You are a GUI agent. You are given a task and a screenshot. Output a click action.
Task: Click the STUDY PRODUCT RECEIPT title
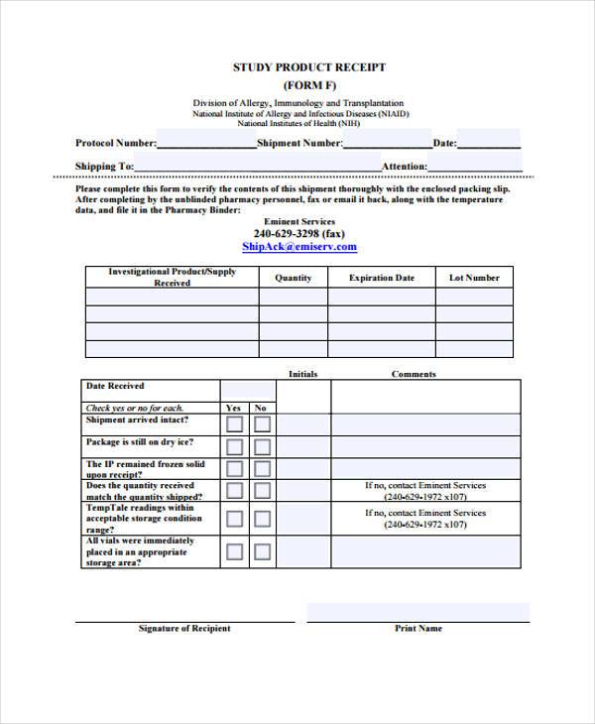pos(308,67)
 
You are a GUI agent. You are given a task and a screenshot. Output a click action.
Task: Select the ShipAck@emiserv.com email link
pos(298,247)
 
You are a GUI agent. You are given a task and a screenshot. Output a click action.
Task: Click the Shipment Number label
pos(299,144)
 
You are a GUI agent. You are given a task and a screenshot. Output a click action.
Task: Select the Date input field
pos(489,141)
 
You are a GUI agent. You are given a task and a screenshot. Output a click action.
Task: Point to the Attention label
pos(405,167)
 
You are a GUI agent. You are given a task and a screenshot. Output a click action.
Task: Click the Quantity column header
pos(293,279)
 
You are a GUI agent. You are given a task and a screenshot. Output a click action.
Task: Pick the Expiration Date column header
pos(382,279)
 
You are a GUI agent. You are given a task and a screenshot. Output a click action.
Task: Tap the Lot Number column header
pos(474,279)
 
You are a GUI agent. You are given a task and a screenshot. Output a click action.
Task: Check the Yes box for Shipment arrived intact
pos(235,424)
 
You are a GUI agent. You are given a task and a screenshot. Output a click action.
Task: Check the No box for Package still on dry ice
pos(262,447)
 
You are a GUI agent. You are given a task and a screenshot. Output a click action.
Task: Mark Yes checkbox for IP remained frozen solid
pos(235,470)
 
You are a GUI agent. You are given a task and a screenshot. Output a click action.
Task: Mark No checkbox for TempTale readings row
pos(262,518)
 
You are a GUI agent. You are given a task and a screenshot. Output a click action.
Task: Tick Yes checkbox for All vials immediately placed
pos(235,550)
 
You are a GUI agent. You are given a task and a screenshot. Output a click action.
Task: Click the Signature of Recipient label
pos(184,629)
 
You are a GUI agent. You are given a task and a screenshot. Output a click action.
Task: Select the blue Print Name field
pos(417,612)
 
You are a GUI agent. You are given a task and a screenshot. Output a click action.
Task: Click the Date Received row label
pos(115,386)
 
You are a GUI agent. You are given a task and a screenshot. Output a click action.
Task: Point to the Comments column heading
pos(414,374)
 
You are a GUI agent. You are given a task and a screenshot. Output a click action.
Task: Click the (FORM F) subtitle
pos(308,85)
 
